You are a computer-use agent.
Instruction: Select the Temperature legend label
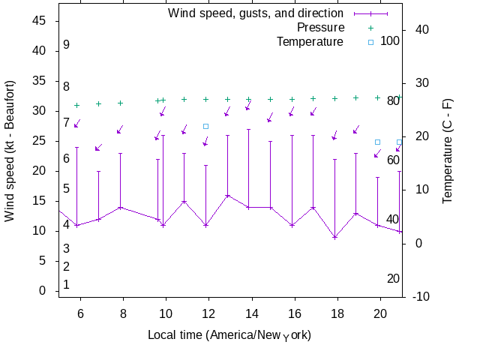click(x=310, y=41)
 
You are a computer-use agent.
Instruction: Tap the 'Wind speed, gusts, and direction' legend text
click(x=255, y=13)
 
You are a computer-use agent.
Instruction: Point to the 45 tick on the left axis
click(x=40, y=21)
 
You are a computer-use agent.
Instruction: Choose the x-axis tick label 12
click(x=209, y=315)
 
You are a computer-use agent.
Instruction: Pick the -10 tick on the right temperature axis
click(x=421, y=297)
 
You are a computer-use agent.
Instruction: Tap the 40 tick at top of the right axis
click(x=421, y=29)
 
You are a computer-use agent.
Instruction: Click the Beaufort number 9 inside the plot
click(x=66, y=45)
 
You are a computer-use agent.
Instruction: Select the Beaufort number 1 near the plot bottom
click(x=66, y=285)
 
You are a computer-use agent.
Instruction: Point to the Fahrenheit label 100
click(x=390, y=40)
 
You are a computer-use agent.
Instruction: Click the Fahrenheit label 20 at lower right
click(x=393, y=279)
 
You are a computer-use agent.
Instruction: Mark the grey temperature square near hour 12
click(x=206, y=126)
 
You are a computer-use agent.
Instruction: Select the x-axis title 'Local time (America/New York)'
click(x=229, y=334)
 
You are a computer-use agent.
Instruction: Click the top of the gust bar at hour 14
click(x=249, y=129)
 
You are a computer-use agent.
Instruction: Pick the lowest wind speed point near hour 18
click(x=335, y=237)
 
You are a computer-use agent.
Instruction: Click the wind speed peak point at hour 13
click(x=227, y=195)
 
